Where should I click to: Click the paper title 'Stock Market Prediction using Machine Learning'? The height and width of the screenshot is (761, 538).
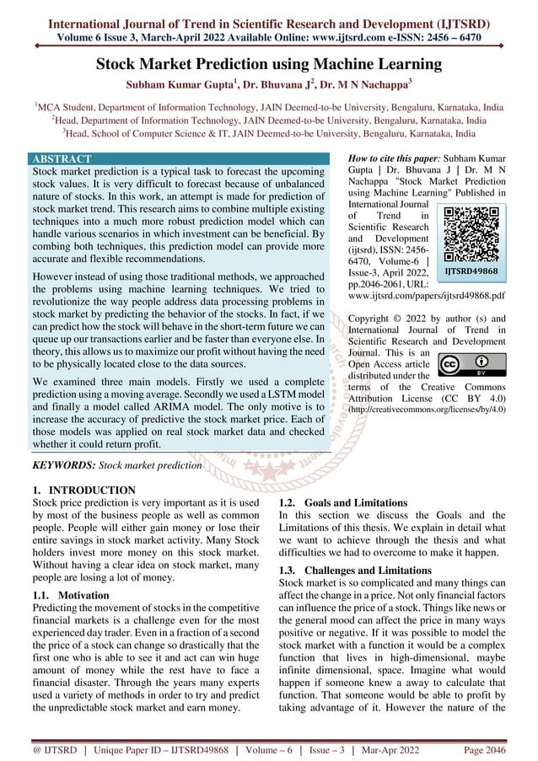[x=268, y=64]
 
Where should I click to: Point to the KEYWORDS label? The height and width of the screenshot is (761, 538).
[x=63, y=464]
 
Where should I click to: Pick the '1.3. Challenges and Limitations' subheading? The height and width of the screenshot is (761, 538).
[x=347, y=571]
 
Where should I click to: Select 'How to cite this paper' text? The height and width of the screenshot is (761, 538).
[x=394, y=158]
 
